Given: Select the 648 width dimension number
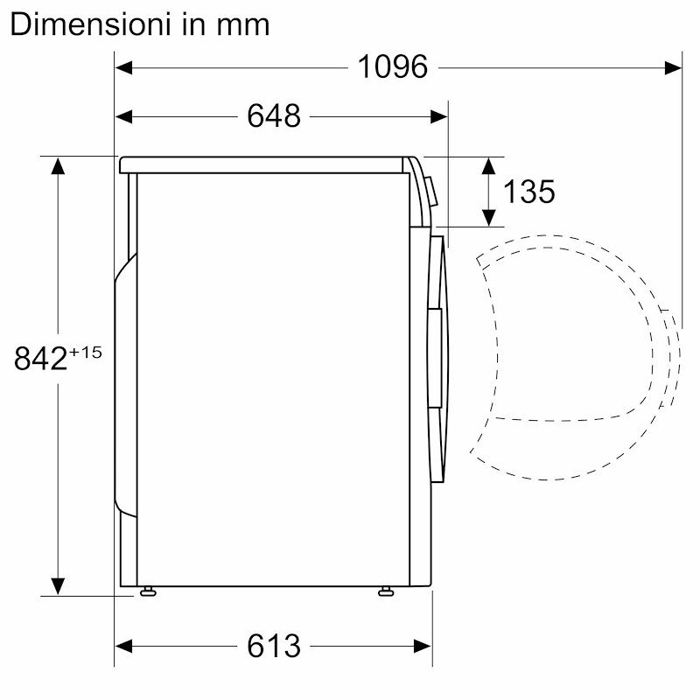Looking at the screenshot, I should (273, 115).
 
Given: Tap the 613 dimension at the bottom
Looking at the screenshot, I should (273, 647).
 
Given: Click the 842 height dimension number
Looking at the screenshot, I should (41, 359).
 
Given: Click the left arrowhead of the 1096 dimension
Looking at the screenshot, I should (123, 66).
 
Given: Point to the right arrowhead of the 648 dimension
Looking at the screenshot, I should (440, 115).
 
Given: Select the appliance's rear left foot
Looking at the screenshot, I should (145, 592).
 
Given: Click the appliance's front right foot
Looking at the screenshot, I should (386, 592).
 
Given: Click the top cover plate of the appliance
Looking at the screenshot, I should (262, 163).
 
